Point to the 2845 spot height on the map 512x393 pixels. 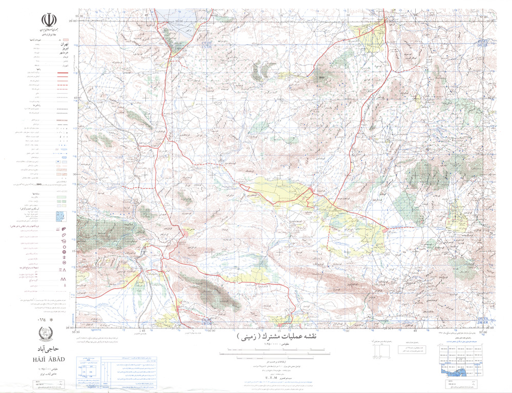point(322,77)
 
